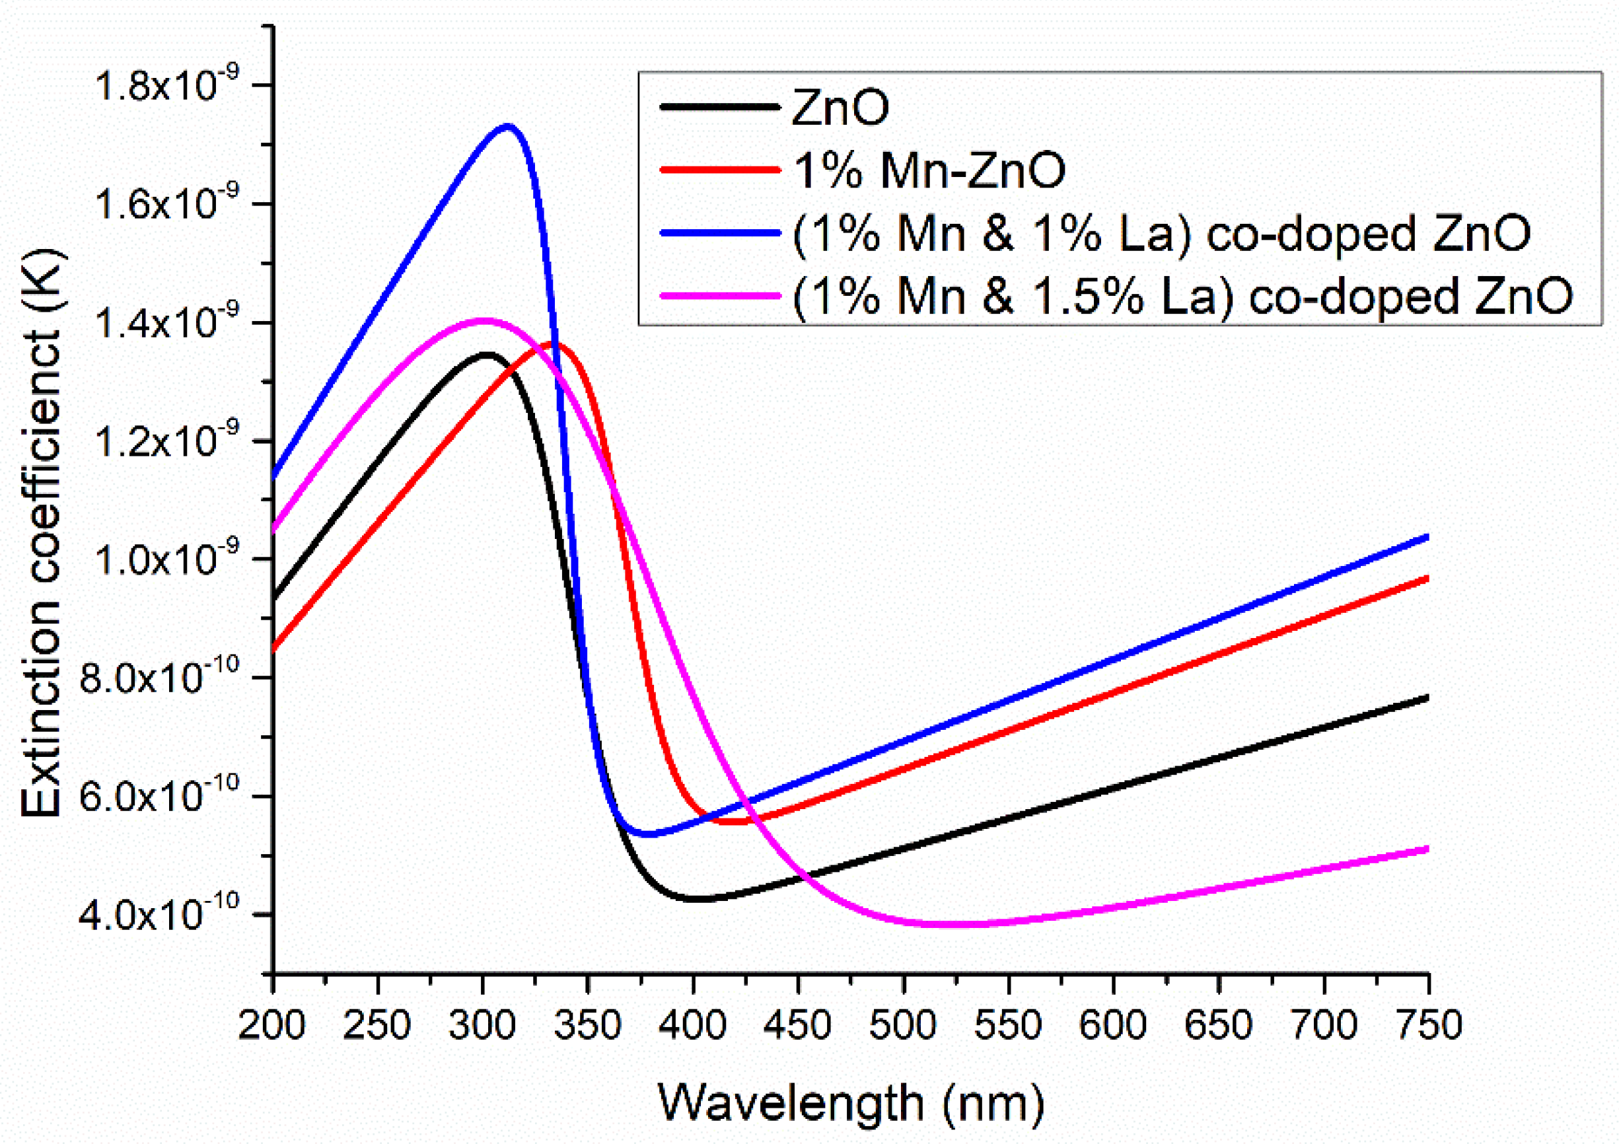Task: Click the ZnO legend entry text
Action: [840, 108]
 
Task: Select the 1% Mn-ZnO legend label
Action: [929, 170]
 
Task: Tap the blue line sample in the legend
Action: [720, 232]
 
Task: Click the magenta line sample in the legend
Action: [720, 295]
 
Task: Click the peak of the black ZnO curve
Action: [487, 355]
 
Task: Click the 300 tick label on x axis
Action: [482, 1025]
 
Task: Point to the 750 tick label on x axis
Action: [1429, 1025]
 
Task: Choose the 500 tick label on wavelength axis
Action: [903, 1025]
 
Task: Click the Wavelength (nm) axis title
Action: [850, 1103]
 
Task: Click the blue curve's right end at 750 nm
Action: [1426, 538]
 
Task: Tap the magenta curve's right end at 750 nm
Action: [1426, 849]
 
